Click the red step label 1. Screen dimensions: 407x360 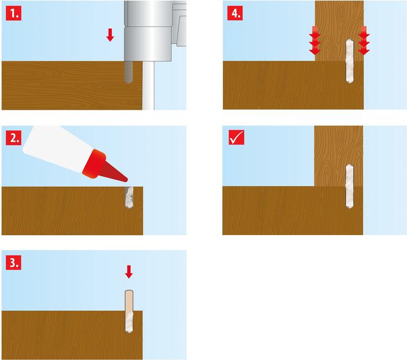click(x=14, y=13)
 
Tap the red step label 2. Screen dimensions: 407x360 click(x=14, y=137)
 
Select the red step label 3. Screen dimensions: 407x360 click(x=14, y=262)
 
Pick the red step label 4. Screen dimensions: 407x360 click(x=235, y=13)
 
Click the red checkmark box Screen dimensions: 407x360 click(x=236, y=137)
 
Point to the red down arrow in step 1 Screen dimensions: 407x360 click(x=110, y=35)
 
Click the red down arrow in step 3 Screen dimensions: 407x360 click(x=129, y=272)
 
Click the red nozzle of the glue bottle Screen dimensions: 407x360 click(x=105, y=166)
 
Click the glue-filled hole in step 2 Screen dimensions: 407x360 click(x=129, y=197)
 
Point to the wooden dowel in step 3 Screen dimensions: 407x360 click(x=129, y=311)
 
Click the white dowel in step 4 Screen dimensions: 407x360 click(x=350, y=61)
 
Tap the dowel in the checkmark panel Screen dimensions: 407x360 click(x=350, y=186)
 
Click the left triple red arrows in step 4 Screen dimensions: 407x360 click(x=315, y=40)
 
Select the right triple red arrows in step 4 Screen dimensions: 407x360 click(x=363, y=40)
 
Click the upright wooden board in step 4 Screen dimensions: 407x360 click(x=339, y=31)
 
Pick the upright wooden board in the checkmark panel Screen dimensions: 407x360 click(x=339, y=156)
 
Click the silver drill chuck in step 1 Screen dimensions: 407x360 click(x=148, y=31)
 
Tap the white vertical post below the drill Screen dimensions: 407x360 click(x=148, y=85)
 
